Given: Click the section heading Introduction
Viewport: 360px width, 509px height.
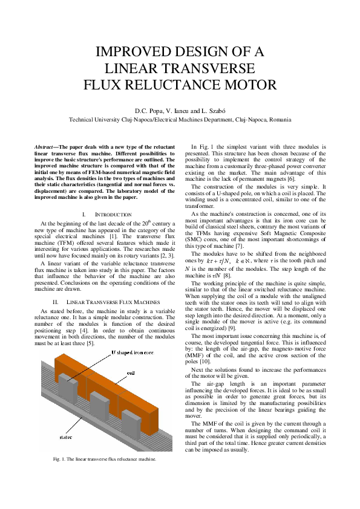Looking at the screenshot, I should point(114,215).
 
